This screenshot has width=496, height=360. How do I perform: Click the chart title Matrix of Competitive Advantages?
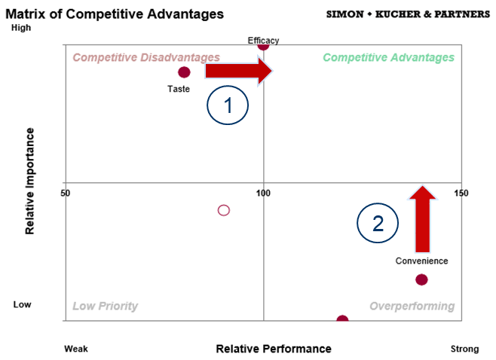point(115,14)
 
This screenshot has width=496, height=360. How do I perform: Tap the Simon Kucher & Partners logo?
point(408,14)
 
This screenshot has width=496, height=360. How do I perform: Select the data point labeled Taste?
point(184,72)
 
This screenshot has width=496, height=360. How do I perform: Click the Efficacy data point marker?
point(263,46)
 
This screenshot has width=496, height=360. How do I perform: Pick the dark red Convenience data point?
point(421,279)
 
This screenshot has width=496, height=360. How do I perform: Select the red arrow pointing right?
point(239,71)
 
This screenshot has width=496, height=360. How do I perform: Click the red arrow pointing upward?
point(423,219)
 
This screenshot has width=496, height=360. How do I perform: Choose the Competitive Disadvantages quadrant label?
point(146,57)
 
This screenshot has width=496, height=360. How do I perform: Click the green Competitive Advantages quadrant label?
point(388,57)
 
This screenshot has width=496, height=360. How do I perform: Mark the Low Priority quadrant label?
point(105,306)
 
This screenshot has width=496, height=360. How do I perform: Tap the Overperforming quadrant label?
point(412,306)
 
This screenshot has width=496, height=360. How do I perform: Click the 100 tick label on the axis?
point(263,193)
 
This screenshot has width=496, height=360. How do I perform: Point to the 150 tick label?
point(461,193)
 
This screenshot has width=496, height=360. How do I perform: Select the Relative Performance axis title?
point(274,349)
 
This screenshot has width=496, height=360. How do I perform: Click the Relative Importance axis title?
point(29,181)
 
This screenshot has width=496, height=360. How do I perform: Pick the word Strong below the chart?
point(464,349)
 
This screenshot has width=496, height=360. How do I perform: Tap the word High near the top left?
point(21,28)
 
